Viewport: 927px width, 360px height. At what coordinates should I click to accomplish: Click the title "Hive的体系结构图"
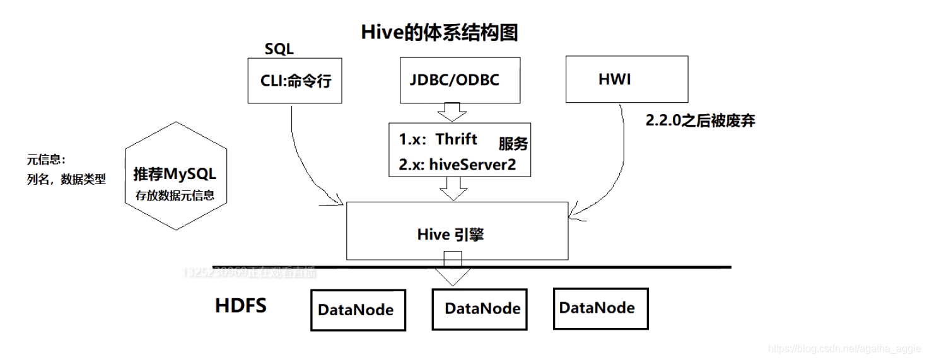click(440, 33)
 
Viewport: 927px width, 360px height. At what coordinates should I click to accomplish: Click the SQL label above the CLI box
click(279, 50)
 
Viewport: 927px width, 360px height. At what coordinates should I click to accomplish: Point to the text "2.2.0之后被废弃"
click(700, 121)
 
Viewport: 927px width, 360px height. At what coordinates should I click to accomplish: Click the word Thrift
click(457, 139)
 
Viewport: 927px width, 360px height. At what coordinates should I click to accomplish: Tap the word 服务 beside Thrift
click(513, 144)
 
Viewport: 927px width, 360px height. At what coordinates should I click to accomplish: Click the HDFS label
click(241, 306)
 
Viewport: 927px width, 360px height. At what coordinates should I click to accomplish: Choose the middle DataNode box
click(482, 308)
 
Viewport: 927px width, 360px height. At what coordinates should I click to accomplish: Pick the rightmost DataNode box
click(597, 308)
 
